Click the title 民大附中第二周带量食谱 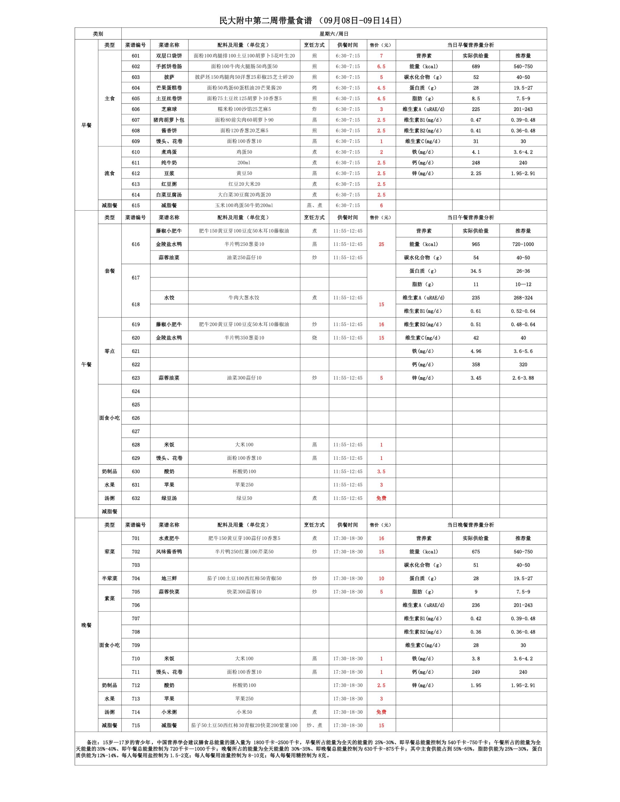tap(265, 21)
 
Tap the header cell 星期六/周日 tap(334, 34)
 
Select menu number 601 tap(136, 56)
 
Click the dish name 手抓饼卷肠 tap(169, 67)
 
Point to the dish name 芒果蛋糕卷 tap(169, 88)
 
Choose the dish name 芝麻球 tap(169, 109)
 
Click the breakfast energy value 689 tap(476, 67)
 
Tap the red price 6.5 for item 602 tap(381, 67)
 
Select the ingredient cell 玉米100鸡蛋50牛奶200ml tap(244, 205)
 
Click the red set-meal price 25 tap(381, 244)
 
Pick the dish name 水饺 tap(169, 297)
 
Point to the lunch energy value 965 tap(476, 244)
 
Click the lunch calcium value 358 tap(476, 364)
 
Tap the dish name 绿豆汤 tap(169, 498)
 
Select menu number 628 tap(136, 445)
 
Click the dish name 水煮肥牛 tap(169, 538)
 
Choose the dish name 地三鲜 tap(169, 578)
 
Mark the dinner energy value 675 tap(476, 551)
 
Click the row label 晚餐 tap(86, 625)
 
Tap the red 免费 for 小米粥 tap(381, 712)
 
